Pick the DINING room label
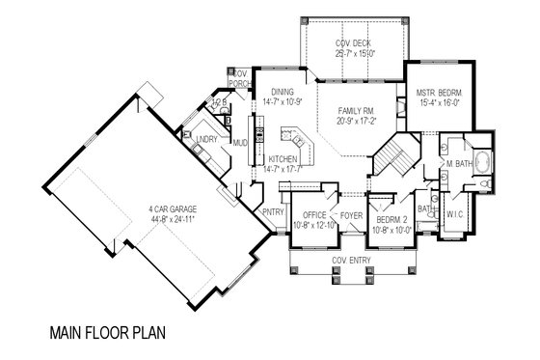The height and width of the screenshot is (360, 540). click(283, 90)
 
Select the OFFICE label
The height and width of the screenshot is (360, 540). click(315, 215)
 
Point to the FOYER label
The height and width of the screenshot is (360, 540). click(348, 215)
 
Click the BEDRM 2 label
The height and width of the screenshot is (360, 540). click(393, 221)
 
